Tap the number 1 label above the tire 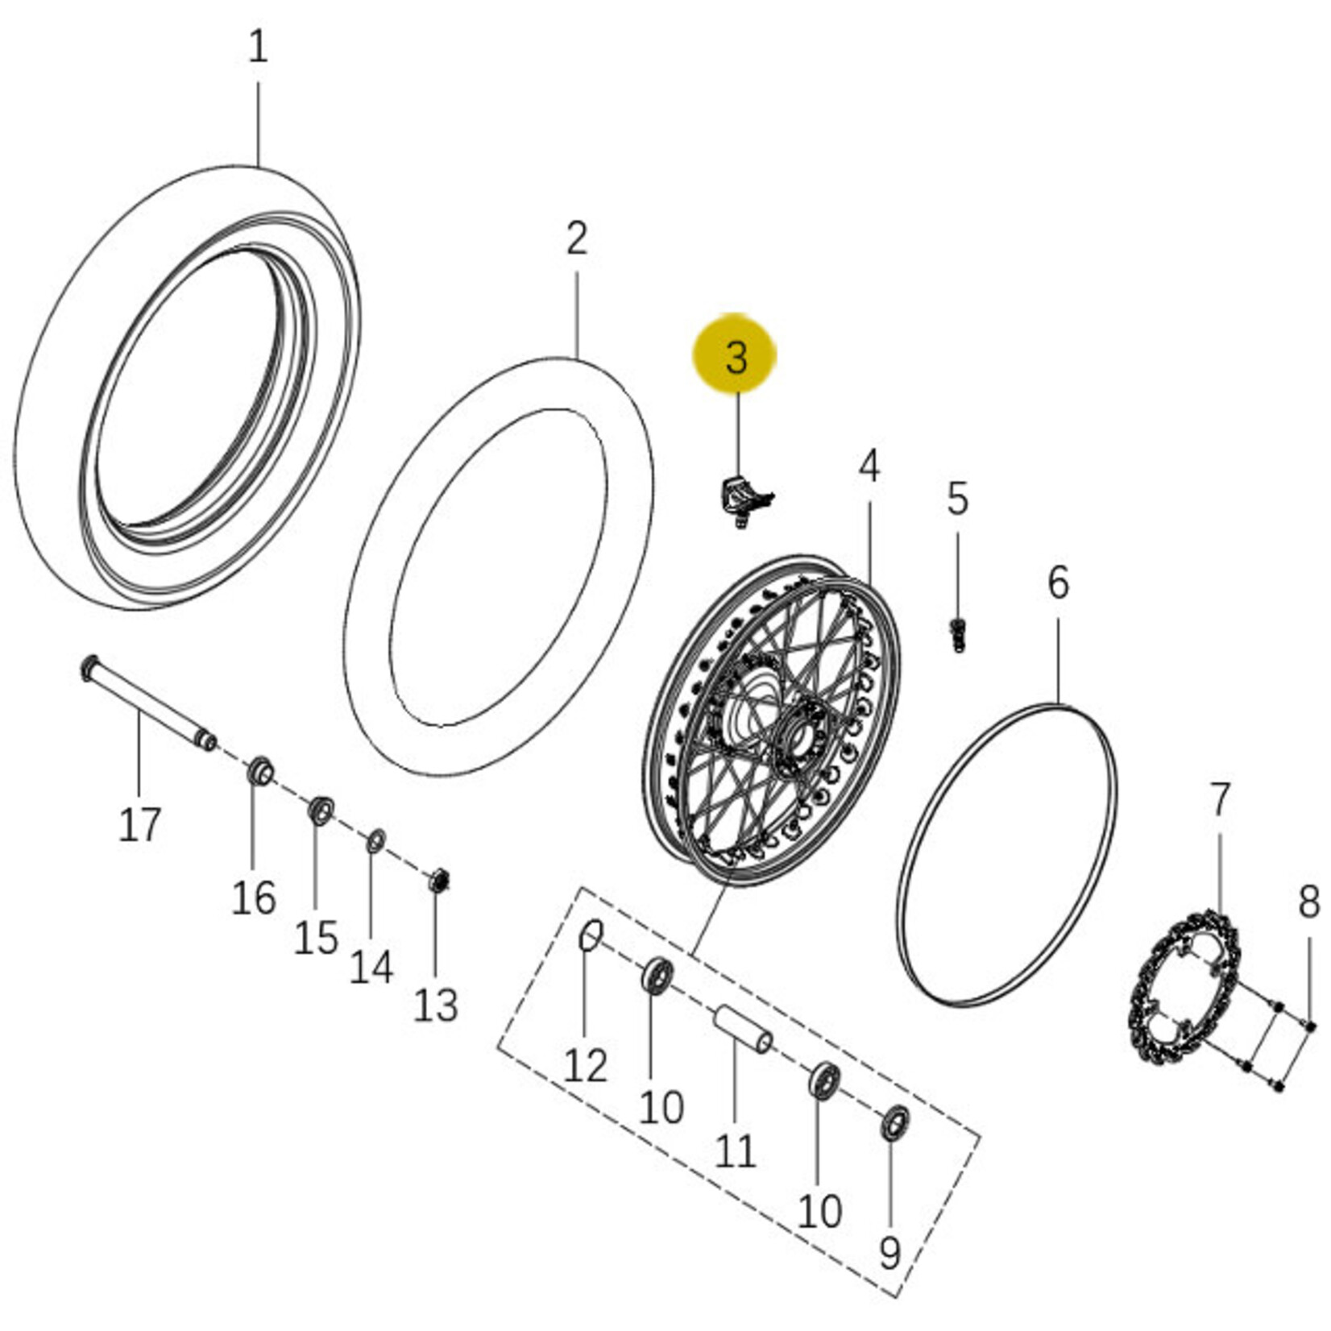tap(258, 48)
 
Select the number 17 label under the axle tap(140, 824)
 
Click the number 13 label tap(436, 1004)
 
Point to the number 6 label tap(1058, 581)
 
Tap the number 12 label tap(585, 1065)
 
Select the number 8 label tap(1309, 902)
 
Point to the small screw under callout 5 tap(957, 635)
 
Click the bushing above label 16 tap(259, 772)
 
